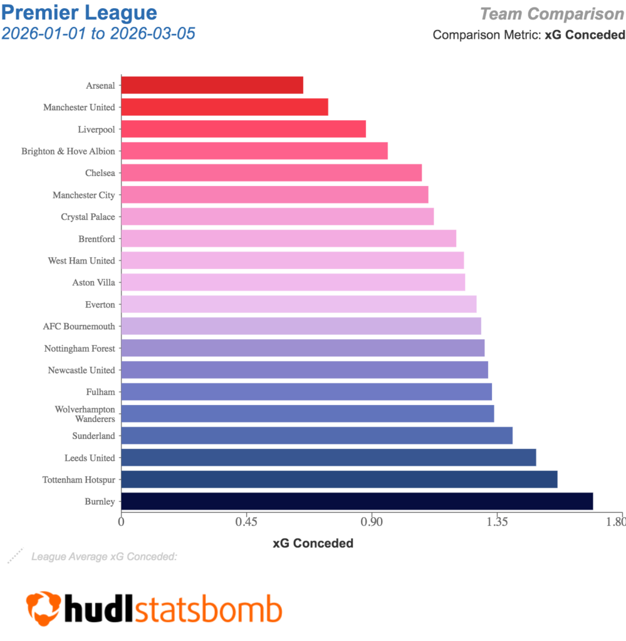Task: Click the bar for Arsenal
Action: pyautogui.click(x=212, y=85)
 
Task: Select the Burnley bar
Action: pyautogui.click(x=357, y=501)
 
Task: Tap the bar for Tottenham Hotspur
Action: pyautogui.click(x=339, y=479)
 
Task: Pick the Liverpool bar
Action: pyautogui.click(x=243, y=129)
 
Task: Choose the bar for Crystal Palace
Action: pyautogui.click(x=277, y=217)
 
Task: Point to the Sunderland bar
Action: pyautogui.click(x=316, y=436)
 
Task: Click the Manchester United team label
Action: pyautogui.click(x=79, y=108)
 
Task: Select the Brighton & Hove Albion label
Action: pyautogui.click(x=68, y=151)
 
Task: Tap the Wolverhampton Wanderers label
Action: pyautogui.click(x=85, y=414)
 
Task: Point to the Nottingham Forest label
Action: pyautogui.click(x=80, y=349)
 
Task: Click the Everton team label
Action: pyautogui.click(x=100, y=305)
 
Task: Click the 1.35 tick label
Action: pyautogui.click(x=497, y=521)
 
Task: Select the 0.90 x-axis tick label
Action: pyautogui.click(x=372, y=521)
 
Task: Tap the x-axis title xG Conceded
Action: pyautogui.click(x=313, y=543)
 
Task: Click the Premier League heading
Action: pyautogui.click(x=79, y=12)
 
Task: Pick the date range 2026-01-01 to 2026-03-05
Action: pyautogui.click(x=98, y=33)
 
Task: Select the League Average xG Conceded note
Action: pyautogui.click(x=104, y=556)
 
